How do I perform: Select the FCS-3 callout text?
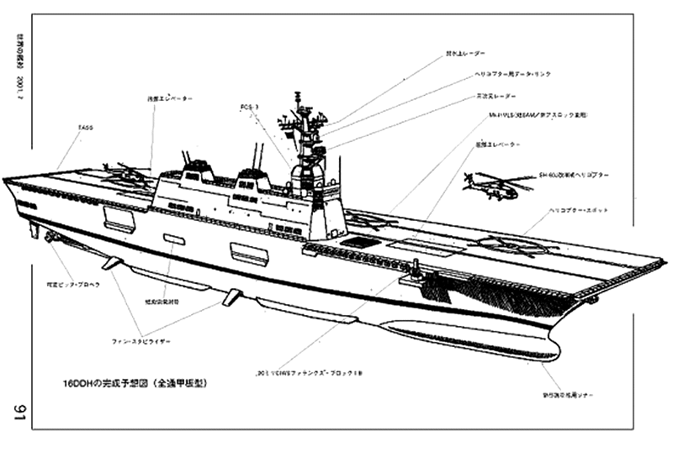(249, 108)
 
